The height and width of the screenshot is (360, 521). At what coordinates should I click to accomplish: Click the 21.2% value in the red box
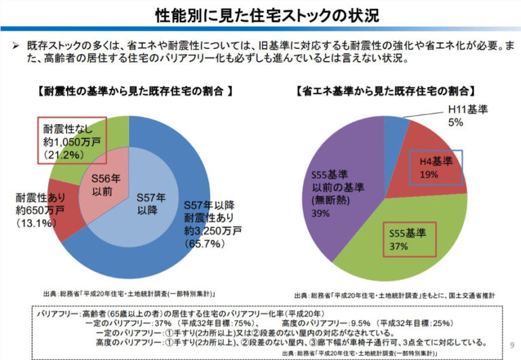click(x=64, y=155)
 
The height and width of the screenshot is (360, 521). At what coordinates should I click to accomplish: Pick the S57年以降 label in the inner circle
click(x=151, y=204)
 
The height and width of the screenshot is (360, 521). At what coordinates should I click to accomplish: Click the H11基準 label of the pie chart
click(x=467, y=109)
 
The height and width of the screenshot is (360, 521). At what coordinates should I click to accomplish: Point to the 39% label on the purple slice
click(x=320, y=213)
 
